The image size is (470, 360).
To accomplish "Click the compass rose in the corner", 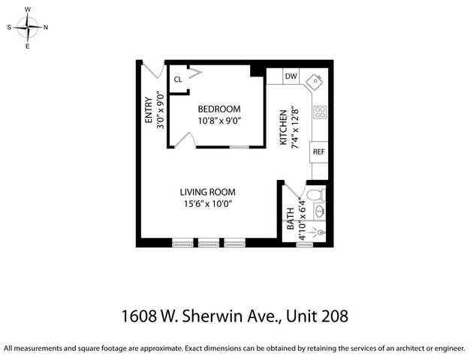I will (28, 27).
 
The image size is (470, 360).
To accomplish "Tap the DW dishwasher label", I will (291, 76).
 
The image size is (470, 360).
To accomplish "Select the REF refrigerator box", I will (319, 151).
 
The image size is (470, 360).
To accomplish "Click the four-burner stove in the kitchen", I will (320, 112).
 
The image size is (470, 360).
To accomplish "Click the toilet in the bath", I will (318, 194).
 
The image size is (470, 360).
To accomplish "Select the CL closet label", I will (178, 79).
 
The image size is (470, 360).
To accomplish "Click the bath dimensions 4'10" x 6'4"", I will (302, 220).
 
